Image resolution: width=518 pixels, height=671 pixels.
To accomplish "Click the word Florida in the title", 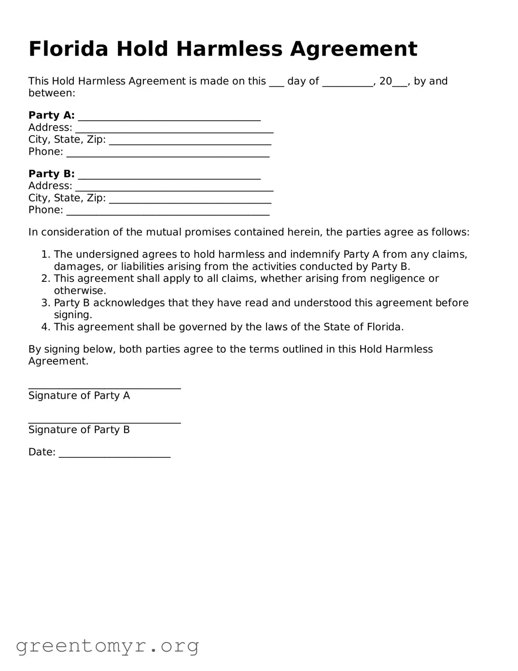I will coord(69,49).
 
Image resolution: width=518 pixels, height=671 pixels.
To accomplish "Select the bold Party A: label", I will coord(52,116).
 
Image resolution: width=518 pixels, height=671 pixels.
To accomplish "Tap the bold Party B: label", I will coord(52,174).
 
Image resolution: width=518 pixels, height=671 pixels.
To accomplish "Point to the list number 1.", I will coord(45,255).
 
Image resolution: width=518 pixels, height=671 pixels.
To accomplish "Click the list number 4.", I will coord(45,327).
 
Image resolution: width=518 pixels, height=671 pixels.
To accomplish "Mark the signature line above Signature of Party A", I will coord(104,387).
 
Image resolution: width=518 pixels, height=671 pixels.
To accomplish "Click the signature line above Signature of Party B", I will coord(104,421).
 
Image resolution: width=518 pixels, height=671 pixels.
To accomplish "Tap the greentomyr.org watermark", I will coord(107,646).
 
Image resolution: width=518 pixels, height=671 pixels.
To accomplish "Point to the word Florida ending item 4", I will coord(384,327).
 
